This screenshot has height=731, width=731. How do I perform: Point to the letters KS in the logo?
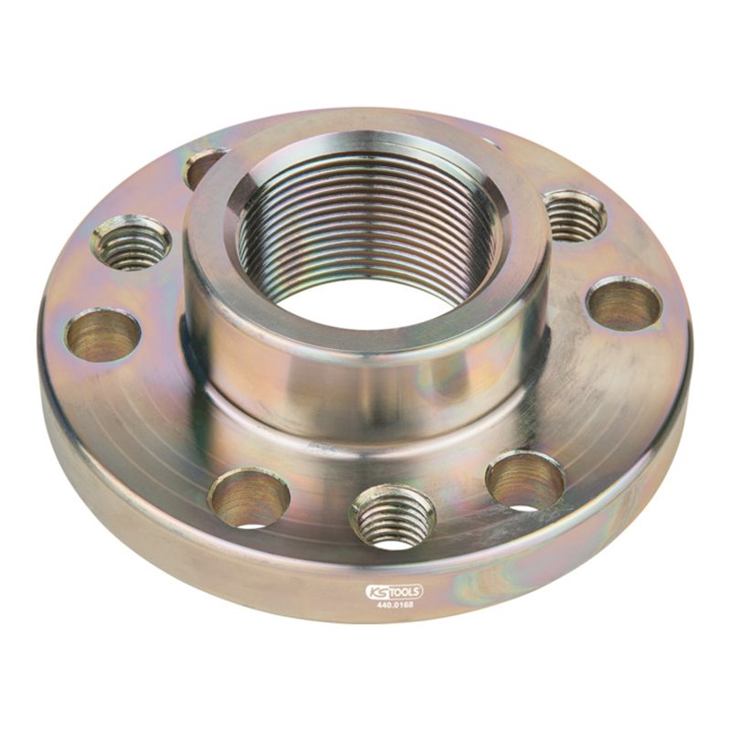coord(376,591)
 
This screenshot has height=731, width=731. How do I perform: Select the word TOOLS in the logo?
coord(406,591)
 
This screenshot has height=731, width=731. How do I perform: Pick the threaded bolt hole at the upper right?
coord(574,216)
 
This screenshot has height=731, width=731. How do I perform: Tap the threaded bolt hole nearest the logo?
coord(393,516)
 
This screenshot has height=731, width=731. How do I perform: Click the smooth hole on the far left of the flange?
coord(102,335)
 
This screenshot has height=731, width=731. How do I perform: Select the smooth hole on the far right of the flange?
coord(624,303)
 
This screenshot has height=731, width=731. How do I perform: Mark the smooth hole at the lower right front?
coord(524,481)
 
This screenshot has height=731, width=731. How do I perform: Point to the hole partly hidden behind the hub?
coord(204,167)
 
